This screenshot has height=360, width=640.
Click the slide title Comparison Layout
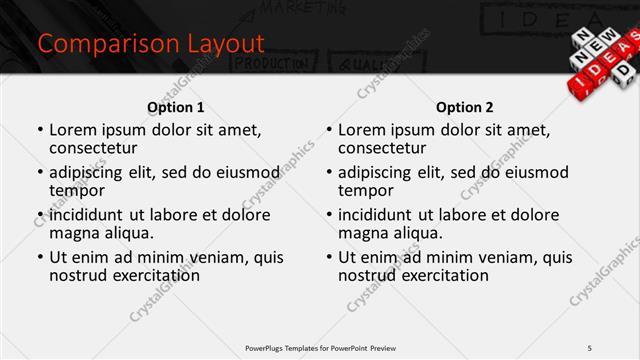150,44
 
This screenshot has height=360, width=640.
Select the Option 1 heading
175,107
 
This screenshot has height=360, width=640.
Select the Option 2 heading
464,107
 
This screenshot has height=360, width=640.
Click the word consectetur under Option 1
96,148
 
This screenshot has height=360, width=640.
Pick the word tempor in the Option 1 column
77,190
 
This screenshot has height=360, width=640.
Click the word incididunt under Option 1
87,214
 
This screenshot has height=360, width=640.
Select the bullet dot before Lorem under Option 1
39,130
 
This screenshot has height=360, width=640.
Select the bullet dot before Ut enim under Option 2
328,257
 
